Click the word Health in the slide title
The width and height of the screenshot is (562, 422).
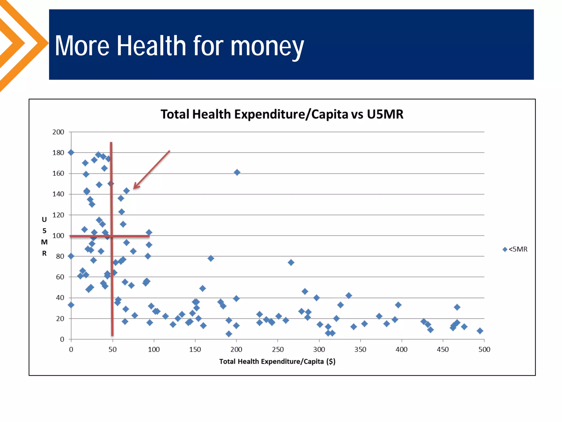coord(151,46)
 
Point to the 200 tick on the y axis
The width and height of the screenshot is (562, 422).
coord(58,132)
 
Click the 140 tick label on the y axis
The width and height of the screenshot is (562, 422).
coord(58,194)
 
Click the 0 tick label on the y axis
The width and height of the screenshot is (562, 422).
coord(62,339)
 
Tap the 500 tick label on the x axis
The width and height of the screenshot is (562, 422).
coord(484,349)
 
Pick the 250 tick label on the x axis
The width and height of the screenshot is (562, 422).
coord(278,349)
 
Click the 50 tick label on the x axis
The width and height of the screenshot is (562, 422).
coord(113,349)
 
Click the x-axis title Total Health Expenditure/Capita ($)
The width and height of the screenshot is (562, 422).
coord(277,361)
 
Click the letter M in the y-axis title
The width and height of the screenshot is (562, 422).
coord(44,242)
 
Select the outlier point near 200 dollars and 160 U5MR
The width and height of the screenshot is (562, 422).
coord(237,173)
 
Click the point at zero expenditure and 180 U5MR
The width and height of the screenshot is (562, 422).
coord(71,152)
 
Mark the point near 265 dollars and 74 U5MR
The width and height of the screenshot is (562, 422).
coord(291,262)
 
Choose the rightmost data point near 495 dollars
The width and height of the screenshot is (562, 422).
coord(480,331)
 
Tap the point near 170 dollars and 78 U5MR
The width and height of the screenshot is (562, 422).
coord(211,258)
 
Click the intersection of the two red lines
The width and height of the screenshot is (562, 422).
coord(112,236)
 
